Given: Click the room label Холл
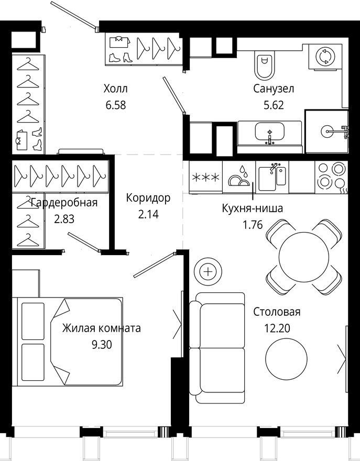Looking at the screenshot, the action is [116, 89].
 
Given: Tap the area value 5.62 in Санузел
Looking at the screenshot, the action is [274, 105].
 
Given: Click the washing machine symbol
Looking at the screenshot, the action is [325, 57].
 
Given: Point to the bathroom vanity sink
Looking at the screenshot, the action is [270, 133].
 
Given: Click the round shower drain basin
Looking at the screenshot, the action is [327, 131].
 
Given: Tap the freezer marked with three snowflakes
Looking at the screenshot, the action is [205, 177].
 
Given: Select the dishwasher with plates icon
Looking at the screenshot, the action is [239, 177].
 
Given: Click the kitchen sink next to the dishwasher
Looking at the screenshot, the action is [272, 177].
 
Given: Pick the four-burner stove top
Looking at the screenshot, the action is [332, 177].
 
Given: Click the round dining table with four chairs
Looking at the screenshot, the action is [304, 257].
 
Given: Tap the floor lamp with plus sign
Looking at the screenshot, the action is [208, 271].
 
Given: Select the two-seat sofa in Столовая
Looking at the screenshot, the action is [217, 348].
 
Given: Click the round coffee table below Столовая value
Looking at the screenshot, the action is [286, 359].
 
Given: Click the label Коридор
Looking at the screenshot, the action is [148, 198].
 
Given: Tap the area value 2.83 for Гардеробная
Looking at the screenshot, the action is [64, 219].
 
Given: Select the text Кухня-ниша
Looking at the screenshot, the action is [253, 208].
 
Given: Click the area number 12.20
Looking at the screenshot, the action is [277, 328].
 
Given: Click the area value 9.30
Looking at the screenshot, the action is [102, 344].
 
